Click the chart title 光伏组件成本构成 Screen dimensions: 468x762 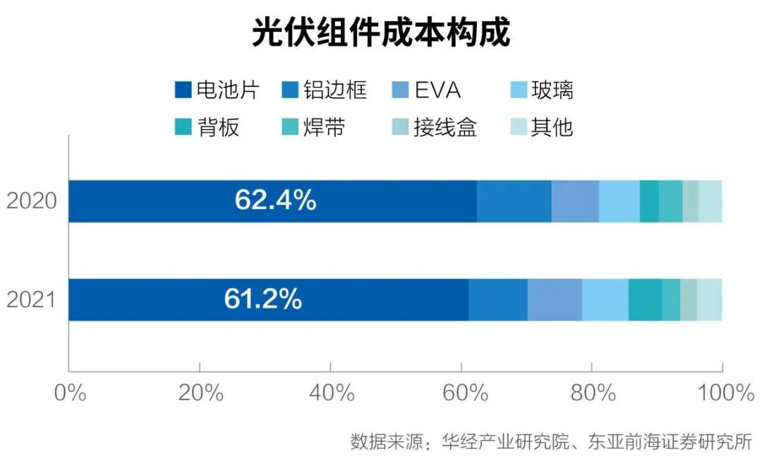380,33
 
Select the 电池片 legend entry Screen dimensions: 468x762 217,90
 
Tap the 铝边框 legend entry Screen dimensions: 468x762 325,90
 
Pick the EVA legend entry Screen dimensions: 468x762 426,90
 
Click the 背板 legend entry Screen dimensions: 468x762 209,128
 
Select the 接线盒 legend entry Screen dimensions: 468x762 435,128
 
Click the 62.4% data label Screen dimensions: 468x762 275,201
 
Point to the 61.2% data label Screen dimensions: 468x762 263,299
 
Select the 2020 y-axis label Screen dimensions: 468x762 31,201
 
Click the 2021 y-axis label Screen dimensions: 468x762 31,299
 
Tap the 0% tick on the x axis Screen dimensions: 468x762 69,393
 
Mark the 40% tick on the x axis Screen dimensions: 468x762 330,393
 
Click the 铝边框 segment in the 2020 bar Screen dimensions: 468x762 514,201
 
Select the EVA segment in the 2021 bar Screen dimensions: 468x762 555,299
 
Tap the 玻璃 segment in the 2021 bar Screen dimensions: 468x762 605,299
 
